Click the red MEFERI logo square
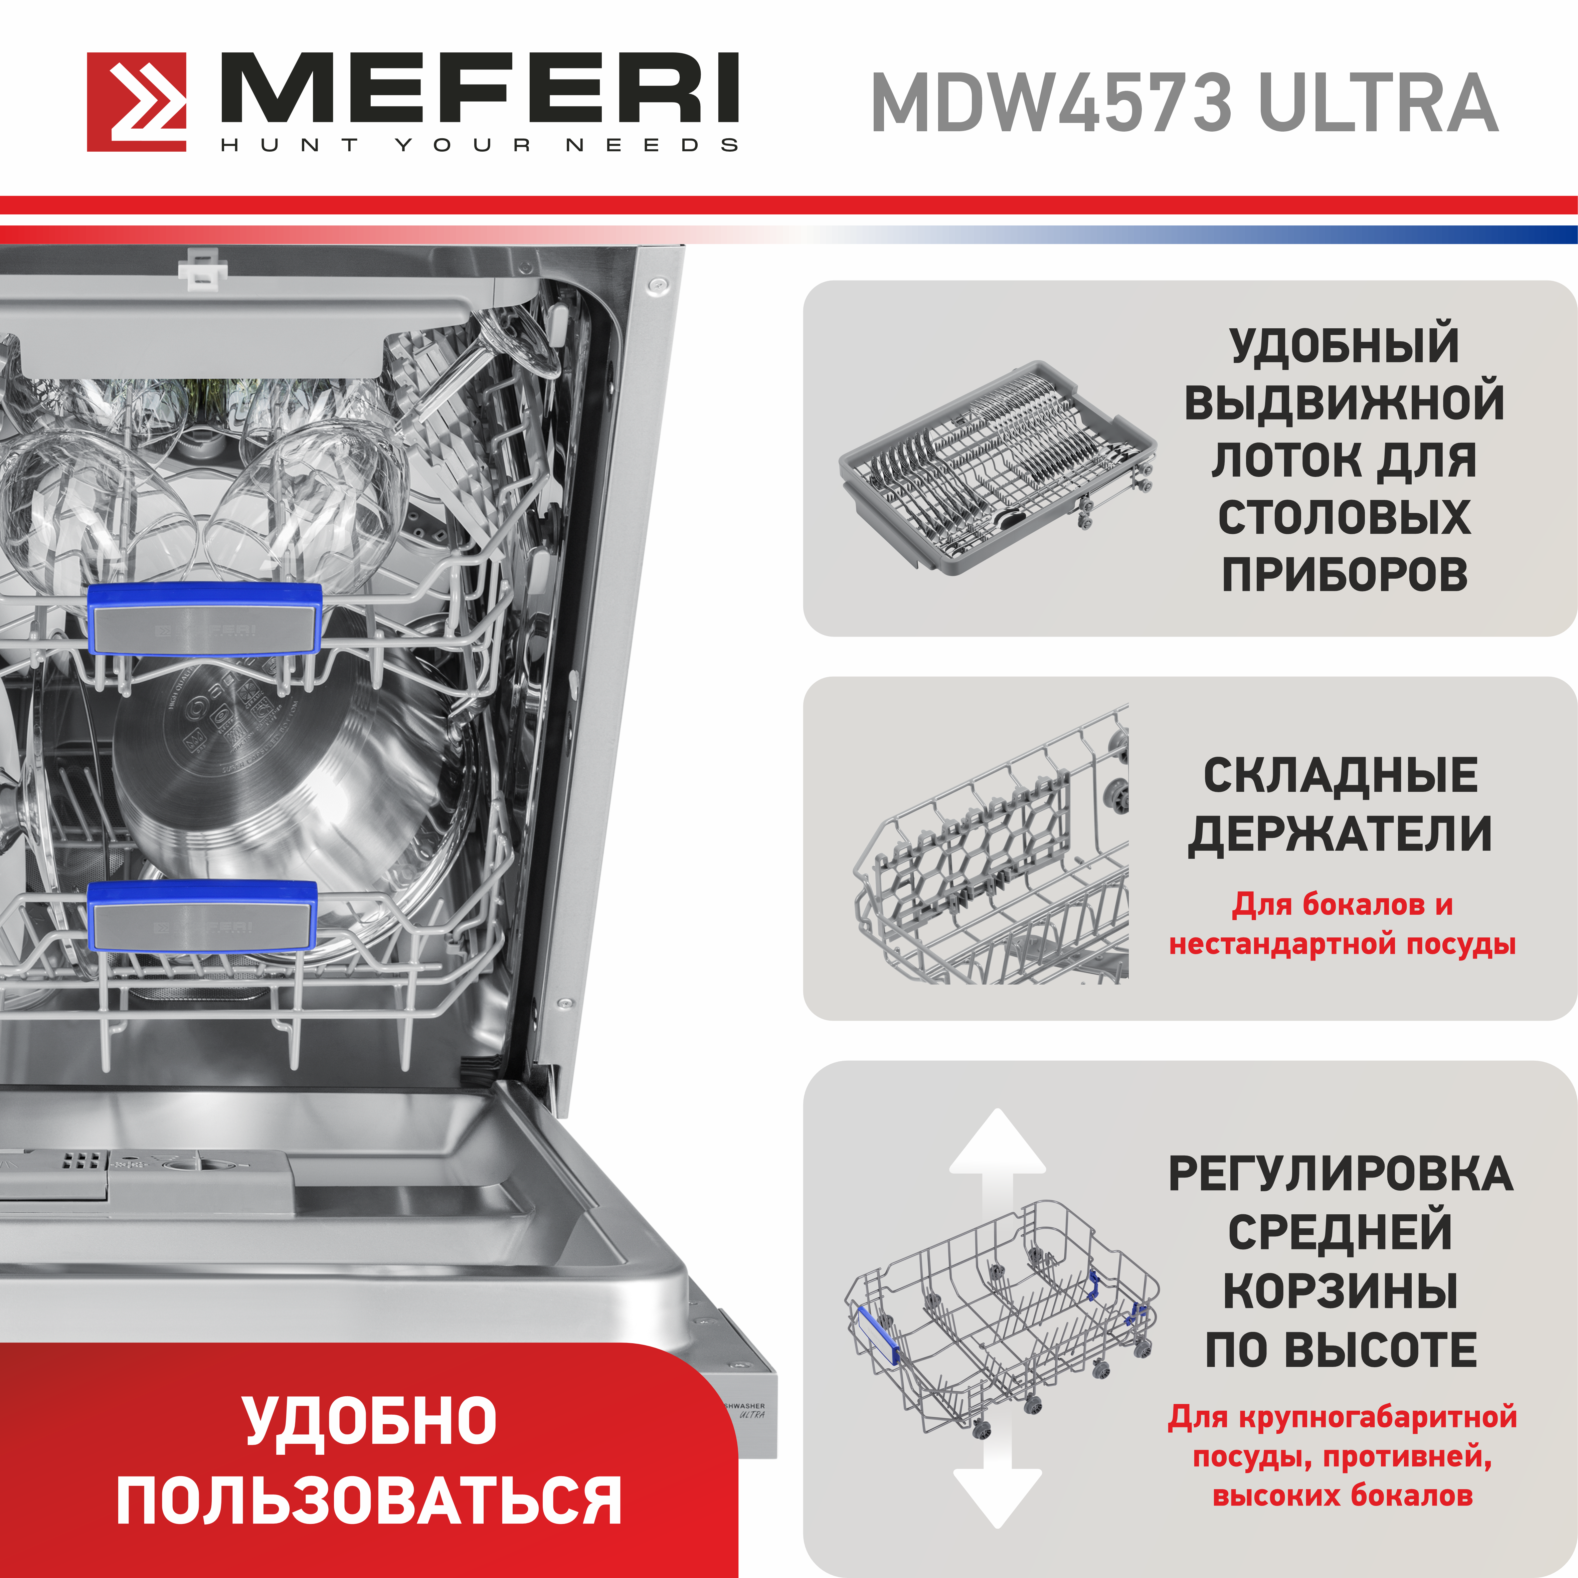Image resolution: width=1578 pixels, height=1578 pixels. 136,102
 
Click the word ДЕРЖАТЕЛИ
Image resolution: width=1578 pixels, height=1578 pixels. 1340,834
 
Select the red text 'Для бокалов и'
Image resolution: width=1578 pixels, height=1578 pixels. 1342,904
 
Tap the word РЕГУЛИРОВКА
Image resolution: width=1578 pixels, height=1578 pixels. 1340,1174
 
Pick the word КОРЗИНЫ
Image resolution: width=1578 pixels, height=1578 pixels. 1340,1290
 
